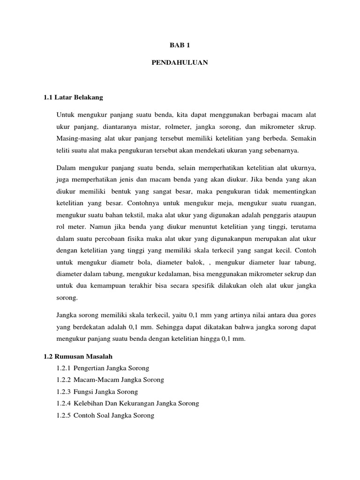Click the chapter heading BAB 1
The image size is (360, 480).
(180, 45)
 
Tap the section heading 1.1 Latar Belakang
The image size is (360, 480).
(73, 97)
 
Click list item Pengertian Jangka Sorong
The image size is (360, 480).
(111, 368)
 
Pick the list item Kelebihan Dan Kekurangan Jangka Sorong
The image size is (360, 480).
(136, 403)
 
